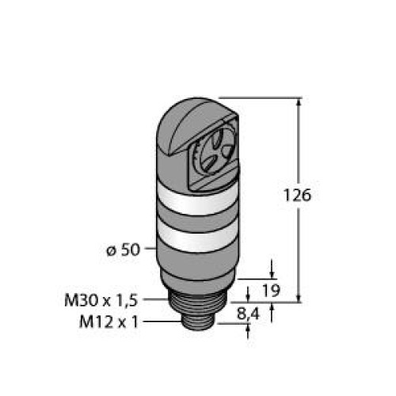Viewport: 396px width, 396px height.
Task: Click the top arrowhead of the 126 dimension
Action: [x=299, y=102]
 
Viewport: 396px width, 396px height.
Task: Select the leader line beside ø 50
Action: [x=150, y=251]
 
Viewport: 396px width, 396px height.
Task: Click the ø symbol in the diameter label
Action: [x=110, y=251]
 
